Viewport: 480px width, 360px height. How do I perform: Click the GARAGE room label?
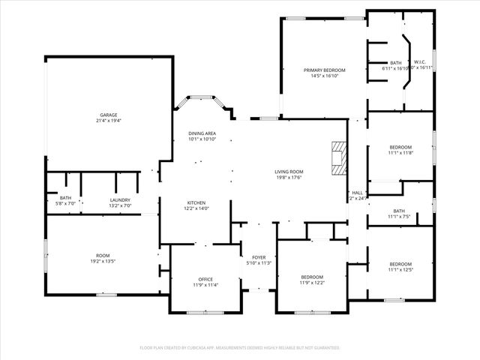[108, 115]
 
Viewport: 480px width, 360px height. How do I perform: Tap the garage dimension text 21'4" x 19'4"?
[108, 121]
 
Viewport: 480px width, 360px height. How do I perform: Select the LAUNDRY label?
[120, 199]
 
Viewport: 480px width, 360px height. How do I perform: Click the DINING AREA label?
[202, 133]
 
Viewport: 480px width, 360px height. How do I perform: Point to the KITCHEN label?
[196, 202]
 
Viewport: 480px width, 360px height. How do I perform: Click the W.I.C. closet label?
[418, 62]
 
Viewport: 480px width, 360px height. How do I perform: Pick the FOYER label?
[258, 256]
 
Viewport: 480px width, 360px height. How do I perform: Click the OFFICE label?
[206, 279]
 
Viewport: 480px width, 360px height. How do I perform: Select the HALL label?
[358, 193]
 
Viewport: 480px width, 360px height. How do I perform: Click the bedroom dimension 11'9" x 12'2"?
[312, 283]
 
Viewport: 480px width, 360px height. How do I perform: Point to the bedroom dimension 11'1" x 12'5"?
[400, 270]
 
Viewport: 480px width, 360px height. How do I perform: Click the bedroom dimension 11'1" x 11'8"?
[400, 153]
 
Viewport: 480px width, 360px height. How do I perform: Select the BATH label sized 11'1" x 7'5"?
[399, 217]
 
